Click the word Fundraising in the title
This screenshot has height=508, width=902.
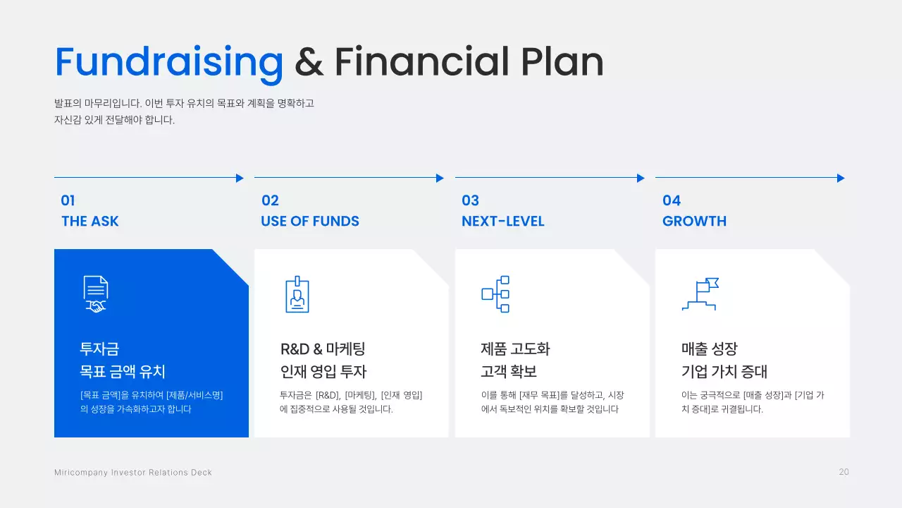pyautogui.click(x=169, y=62)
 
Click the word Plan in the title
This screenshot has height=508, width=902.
pyautogui.click(x=562, y=62)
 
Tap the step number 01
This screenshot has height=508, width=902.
pyautogui.click(x=68, y=200)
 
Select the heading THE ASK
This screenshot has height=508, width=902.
pyautogui.click(x=90, y=221)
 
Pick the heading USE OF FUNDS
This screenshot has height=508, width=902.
pyautogui.click(x=310, y=221)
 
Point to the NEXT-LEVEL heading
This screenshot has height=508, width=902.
pyautogui.click(x=503, y=221)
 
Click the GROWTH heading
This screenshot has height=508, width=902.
pyautogui.click(x=694, y=221)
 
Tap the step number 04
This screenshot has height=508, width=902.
pyautogui.click(x=672, y=200)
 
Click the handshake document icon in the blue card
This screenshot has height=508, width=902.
pyautogui.click(x=96, y=294)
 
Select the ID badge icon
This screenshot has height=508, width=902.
pyautogui.click(x=297, y=294)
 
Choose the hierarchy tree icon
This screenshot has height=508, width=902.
pyautogui.click(x=495, y=294)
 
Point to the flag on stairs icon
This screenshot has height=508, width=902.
pyautogui.click(x=700, y=294)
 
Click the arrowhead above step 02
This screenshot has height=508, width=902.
pyautogui.click(x=440, y=178)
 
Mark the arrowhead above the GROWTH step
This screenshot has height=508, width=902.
pyautogui.click(x=840, y=178)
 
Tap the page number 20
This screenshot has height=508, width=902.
pyautogui.click(x=844, y=472)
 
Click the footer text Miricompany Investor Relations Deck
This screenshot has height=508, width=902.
pyautogui.click(x=133, y=472)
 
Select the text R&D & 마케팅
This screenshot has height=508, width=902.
pyautogui.click(x=323, y=349)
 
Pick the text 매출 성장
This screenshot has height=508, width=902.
pyautogui.click(x=709, y=349)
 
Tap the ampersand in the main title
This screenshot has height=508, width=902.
pyautogui.click(x=309, y=62)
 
